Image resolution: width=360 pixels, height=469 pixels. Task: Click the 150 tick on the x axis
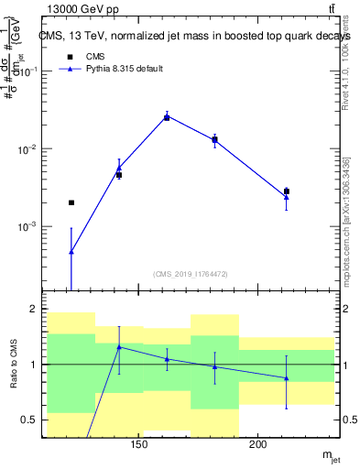(139, 445)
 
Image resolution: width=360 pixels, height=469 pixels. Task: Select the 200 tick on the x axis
(258, 445)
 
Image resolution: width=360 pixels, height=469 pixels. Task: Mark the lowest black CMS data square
(71, 202)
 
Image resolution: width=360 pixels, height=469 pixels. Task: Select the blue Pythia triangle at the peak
(167, 116)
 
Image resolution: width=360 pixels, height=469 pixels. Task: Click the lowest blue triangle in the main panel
(71, 251)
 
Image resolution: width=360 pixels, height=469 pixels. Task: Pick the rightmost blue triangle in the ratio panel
(287, 377)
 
